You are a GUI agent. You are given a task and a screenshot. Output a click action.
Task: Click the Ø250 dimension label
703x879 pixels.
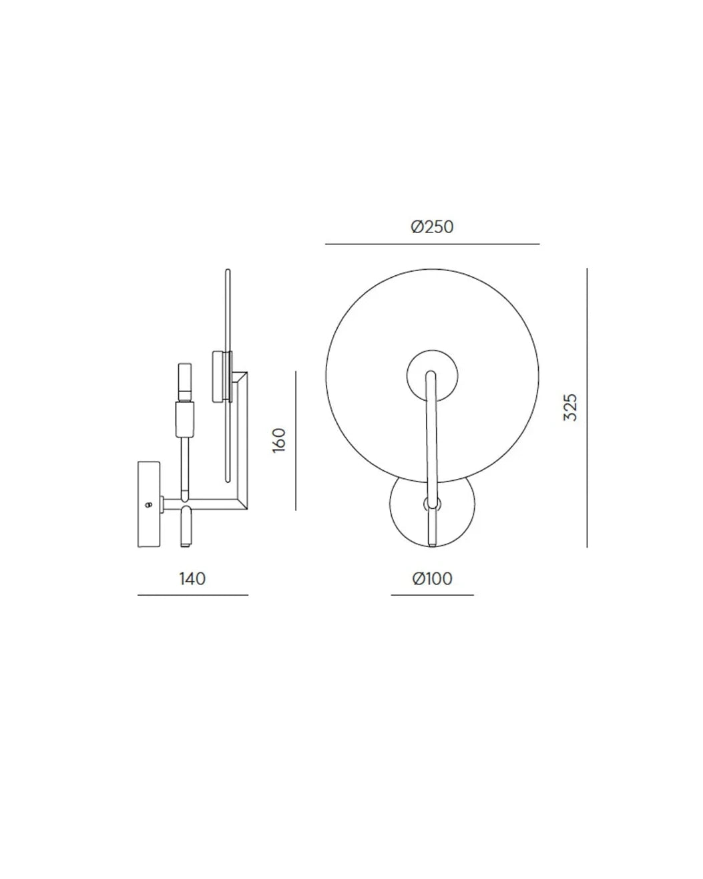tap(432, 226)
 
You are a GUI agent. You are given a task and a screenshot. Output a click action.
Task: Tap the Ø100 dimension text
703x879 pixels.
tap(432, 579)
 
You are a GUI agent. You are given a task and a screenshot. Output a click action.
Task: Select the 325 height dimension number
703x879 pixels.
tap(570, 407)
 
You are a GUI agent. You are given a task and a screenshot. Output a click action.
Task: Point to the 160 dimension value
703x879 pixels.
tap(279, 440)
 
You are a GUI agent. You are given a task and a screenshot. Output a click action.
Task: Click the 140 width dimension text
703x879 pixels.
tap(192, 579)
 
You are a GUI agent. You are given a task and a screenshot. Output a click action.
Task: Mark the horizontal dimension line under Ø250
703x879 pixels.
tap(432, 244)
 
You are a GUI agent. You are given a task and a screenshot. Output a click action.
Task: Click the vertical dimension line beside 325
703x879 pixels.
tap(587, 407)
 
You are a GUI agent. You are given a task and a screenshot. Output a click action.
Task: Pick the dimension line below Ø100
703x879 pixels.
tap(432, 594)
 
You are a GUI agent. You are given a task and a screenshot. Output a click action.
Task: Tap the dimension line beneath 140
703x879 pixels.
tap(193, 595)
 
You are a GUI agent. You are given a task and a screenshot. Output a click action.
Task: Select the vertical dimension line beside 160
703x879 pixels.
tap(296, 441)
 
